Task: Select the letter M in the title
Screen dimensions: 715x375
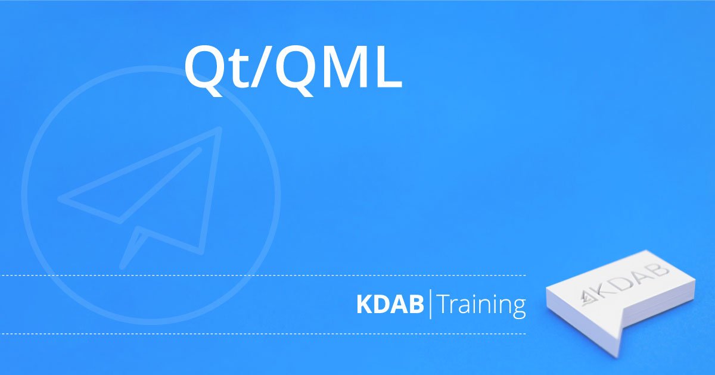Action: click(345, 66)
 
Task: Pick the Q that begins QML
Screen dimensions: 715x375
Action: click(296, 70)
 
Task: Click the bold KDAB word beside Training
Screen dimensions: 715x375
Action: click(390, 305)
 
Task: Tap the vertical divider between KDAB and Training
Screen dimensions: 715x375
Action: click(431, 304)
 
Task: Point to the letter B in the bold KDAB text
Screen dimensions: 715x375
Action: click(416, 305)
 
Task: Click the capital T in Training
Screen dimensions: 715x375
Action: click(445, 305)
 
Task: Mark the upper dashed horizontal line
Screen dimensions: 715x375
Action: click(263, 275)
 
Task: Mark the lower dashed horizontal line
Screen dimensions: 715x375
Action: click(263, 334)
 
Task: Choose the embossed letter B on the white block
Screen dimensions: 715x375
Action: click(658, 271)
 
